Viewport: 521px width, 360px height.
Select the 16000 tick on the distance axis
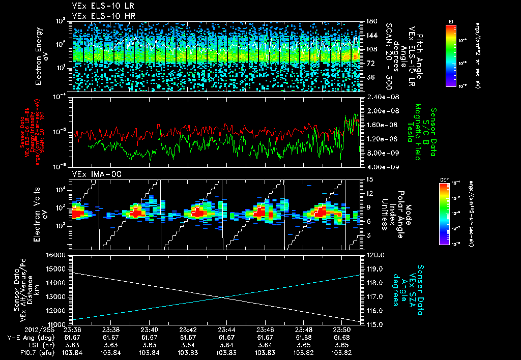pyautogui.click(x=57, y=255)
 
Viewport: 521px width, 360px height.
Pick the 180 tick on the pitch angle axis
pyautogui.click(x=371, y=21)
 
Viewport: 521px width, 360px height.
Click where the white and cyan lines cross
pyautogui.click(x=223, y=297)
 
